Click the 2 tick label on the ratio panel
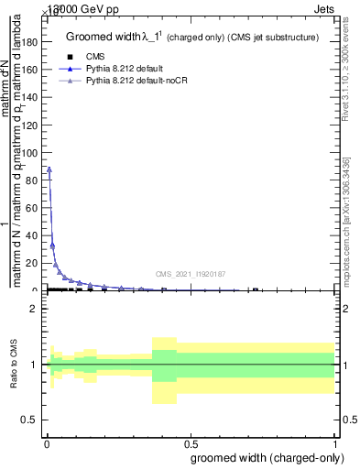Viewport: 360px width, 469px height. (34, 309)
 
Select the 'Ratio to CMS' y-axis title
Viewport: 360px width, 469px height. (14, 365)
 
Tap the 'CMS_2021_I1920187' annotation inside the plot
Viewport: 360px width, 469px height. (190, 273)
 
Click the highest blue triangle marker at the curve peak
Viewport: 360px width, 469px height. (49, 169)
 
